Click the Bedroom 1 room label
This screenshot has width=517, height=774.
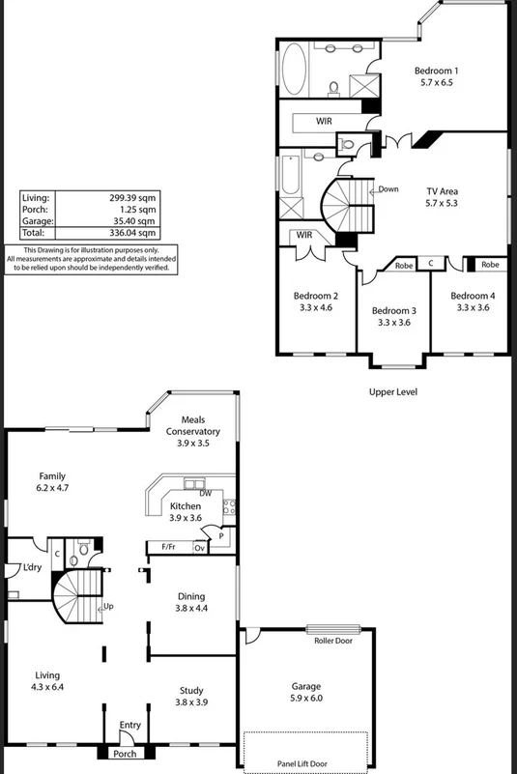(x=436, y=71)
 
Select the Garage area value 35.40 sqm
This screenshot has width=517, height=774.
(x=133, y=220)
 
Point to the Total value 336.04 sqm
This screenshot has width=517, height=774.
(x=132, y=232)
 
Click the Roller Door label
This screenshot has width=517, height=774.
(x=332, y=640)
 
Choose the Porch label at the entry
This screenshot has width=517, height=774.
(x=126, y=754)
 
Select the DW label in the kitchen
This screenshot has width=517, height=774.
(x=192, y=492)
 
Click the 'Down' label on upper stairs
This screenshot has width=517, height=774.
(x=388, y=189)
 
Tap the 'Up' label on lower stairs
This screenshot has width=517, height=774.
(x=108, y=606)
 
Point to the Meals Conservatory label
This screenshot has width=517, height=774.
(x=193, y=432)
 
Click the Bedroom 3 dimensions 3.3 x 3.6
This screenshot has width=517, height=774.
(x=394, y=323)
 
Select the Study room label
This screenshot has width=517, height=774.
(x=191, y=691)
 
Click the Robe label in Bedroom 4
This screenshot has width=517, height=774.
(x=490, y=264)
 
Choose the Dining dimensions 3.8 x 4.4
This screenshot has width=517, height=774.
(x=190, y=609)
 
